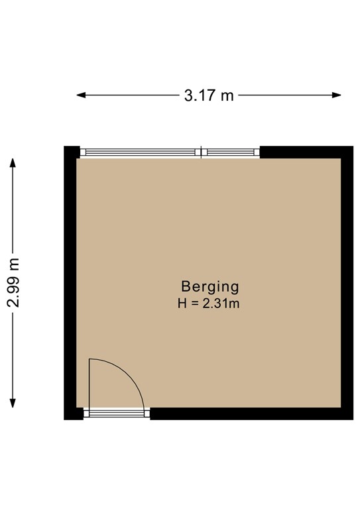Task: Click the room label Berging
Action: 210,287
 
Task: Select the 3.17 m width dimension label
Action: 209,95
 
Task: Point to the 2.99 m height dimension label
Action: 13,283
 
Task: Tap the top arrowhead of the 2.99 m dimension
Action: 13,162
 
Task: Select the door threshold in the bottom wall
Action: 116,414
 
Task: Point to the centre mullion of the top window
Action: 202,152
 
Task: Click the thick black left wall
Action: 70,285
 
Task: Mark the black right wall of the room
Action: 347,285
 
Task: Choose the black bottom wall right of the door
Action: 245,414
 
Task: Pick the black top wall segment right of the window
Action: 302,152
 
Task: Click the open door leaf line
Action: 90,383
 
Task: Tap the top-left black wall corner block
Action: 71,152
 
